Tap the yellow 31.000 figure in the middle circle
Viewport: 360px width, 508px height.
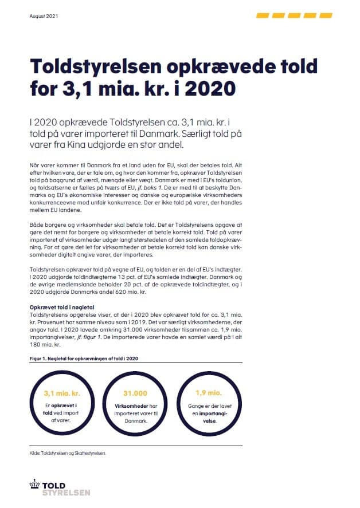pos(135,394)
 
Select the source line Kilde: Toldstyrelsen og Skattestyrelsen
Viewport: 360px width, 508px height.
pos(68,453)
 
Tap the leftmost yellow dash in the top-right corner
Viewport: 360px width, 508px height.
pos(263,15)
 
